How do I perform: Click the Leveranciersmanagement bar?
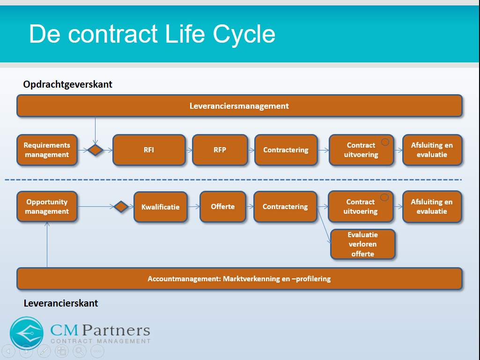pos(239,105)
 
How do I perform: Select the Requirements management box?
pos(47,150)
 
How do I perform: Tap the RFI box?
pos(149,150)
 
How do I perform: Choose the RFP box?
pos(220,150)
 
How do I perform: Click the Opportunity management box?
pos(47,207)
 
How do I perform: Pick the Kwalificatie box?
pos(161,207)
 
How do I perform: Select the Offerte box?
pos(223,207)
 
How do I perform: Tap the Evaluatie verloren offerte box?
pos(363,244)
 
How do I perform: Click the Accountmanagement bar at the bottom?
pos(239,278)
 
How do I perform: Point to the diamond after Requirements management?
pos(95,150)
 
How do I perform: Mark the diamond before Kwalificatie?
pos(121,207)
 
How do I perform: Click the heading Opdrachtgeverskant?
pos(67,84)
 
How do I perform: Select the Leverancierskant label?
pos(61,303)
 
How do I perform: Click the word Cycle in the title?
pos(244,34)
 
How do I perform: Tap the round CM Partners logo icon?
pos(27,333)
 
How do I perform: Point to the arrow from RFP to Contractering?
pos(251,150)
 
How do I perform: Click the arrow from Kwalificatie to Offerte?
pos(193,207)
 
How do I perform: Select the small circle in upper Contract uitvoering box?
pos(385,142)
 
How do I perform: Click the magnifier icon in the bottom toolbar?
pos(80,351)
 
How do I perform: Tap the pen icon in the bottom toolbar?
pos(44,351)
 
